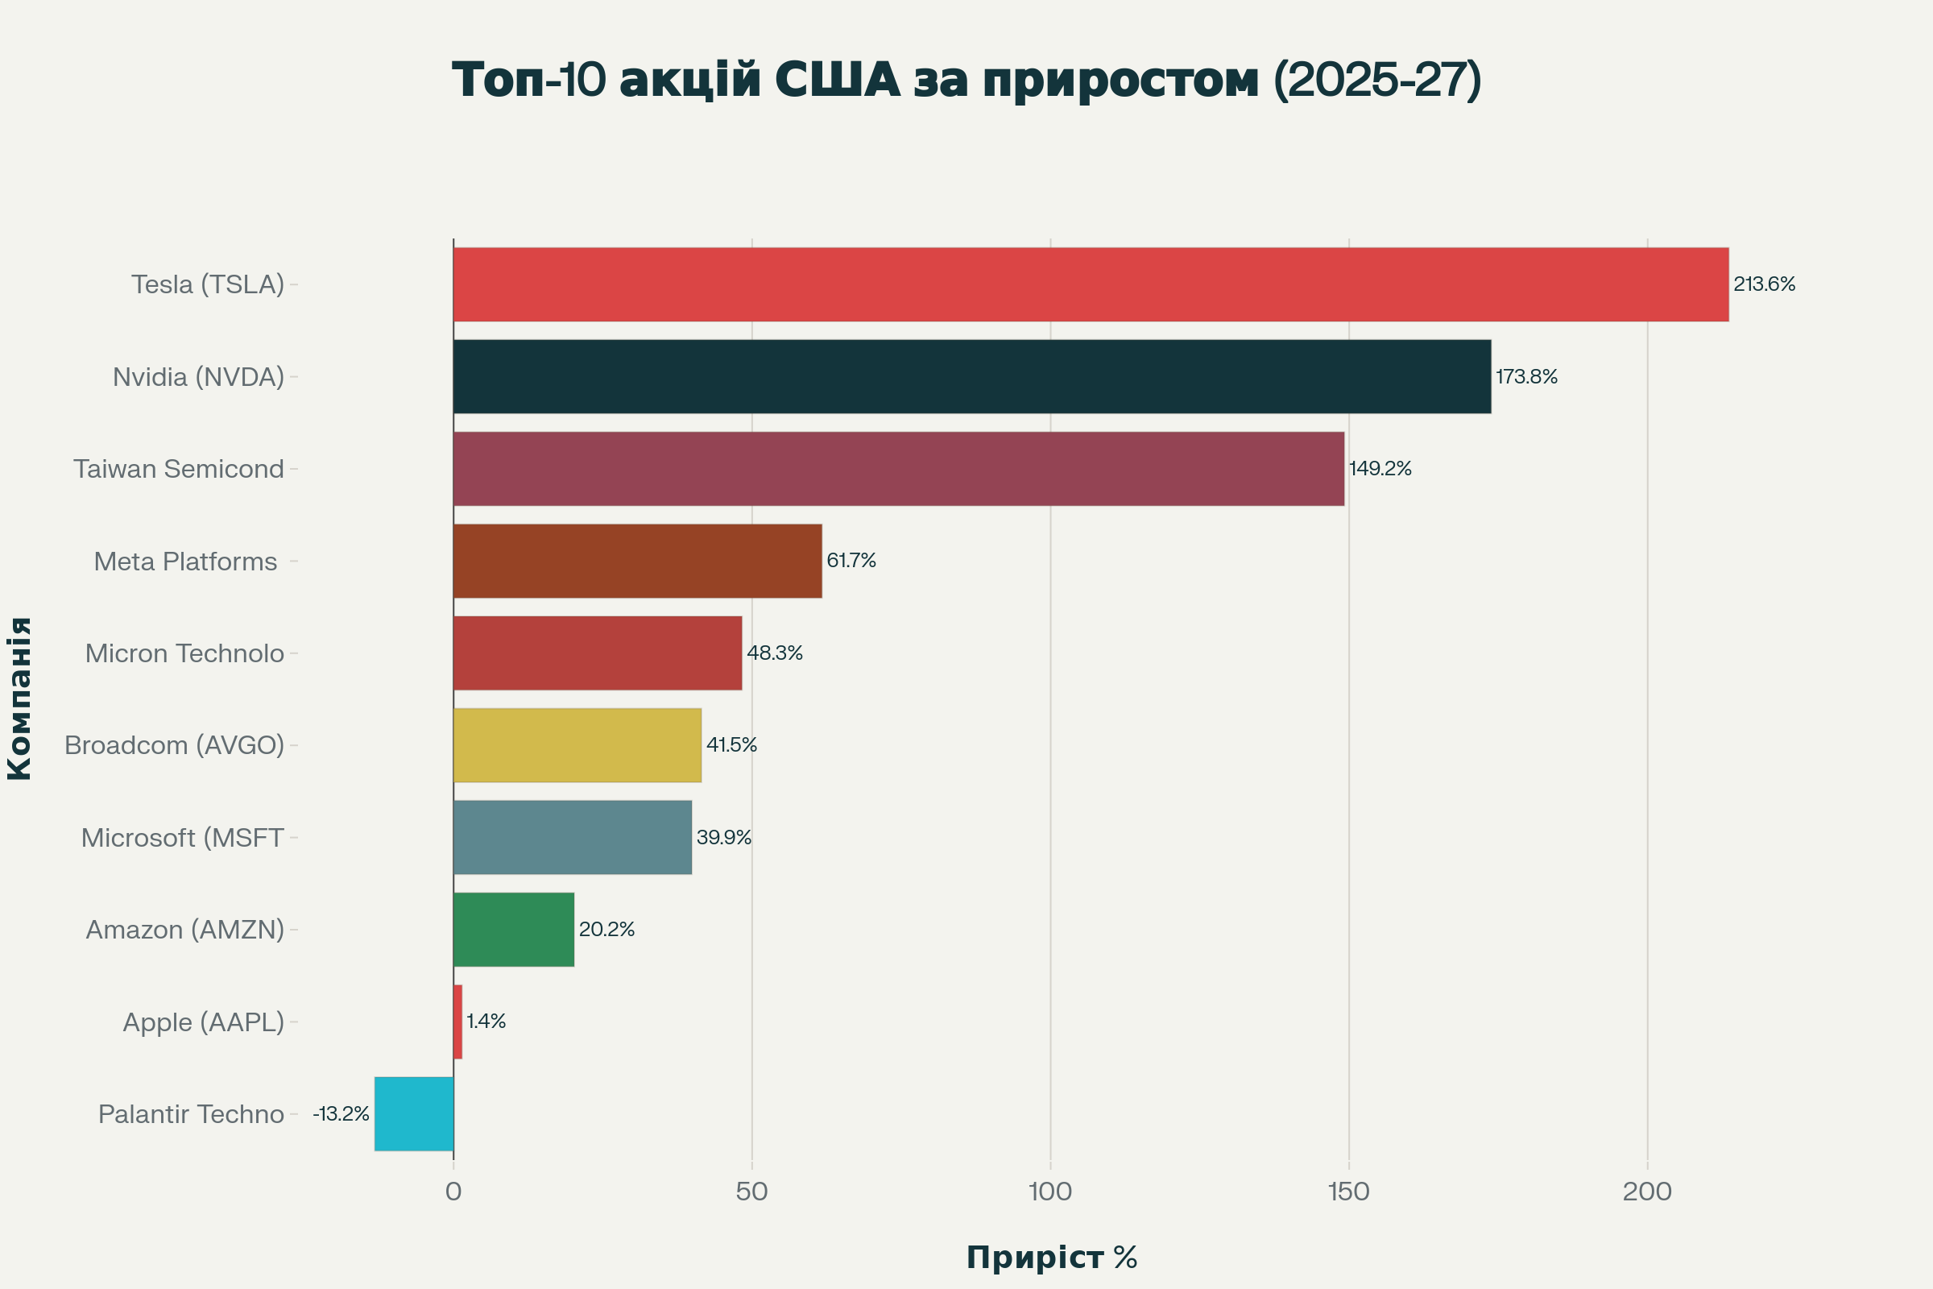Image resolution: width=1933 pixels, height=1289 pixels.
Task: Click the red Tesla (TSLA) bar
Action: click(x=1091, y=284)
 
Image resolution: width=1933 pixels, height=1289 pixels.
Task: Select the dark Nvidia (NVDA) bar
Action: click(x=971, y=376)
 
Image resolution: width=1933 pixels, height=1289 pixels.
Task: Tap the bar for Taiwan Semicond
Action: click(x=898, y=469)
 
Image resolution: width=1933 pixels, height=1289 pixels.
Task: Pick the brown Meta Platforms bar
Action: click(x=637, y=561)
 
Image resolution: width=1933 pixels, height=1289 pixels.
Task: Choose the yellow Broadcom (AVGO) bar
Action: click(x=577, y=744)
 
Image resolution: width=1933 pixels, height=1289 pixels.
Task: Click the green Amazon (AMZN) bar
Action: click(x=514, y=930)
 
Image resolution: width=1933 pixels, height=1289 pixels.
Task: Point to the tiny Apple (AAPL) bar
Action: click(x=457, y=1022)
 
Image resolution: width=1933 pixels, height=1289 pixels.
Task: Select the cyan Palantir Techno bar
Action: click(x=414, y=1114)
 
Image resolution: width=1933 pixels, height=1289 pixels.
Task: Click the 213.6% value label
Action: click(x=1764, y=284)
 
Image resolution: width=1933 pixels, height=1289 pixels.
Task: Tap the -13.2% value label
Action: click(x=340, y=1114)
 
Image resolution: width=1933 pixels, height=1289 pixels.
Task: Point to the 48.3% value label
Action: click(x=774, y=653)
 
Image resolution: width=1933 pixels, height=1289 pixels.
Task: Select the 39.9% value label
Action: click(x=723, y=838)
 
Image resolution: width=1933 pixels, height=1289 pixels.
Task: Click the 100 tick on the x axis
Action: click(x=1050, y=1192)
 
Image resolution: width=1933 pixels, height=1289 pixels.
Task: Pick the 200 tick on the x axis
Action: click(x=1647, y=1192)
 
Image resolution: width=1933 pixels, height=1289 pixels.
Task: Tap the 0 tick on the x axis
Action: click(x=453, y=1192)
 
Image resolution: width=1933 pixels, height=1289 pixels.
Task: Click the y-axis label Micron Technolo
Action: click(x=184, y=653)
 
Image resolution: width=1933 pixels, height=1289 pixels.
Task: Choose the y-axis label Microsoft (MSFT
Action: click(x=182, y=838)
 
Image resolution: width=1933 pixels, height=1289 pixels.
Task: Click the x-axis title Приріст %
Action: click(x=1051, y=1258)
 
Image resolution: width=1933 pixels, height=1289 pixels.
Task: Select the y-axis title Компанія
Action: click(x=19, y=698)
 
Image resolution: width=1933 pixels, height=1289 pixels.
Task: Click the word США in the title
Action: click(x=837, y=81)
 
